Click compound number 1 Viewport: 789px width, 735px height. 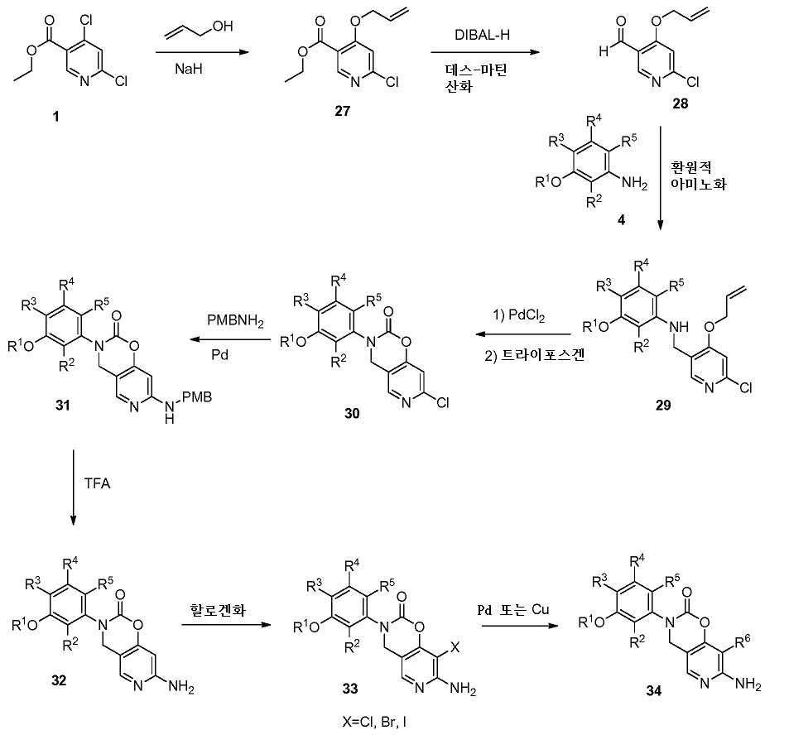[55, 118]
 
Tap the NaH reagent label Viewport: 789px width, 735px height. [186, 72]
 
